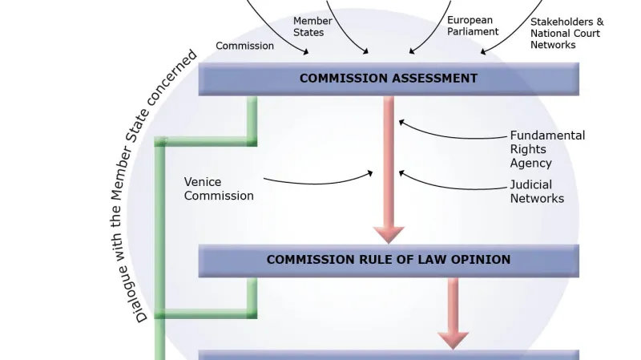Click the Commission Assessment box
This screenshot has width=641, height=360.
point(389,79)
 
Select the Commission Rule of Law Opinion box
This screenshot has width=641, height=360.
point(389,260)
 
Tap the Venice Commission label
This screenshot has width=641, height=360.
point(219,189)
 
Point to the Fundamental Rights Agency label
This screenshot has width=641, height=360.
point(547,149)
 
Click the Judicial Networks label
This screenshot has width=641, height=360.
point(537,192)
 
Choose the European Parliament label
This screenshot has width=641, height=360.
point(473,26)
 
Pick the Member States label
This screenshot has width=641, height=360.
point(309,26)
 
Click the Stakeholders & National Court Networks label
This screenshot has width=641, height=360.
point(566,34)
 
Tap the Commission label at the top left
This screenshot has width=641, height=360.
point(244,46)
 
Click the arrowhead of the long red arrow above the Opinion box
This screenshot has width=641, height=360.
point(389,234)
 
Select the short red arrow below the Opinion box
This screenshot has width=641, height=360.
point(453,313)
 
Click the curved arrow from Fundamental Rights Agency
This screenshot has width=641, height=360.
point(449,133)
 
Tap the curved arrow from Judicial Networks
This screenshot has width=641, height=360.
point(449,183)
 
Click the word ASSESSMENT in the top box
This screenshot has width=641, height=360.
point(433,79)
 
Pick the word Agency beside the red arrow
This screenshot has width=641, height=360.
point(530,163)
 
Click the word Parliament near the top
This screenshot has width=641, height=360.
point(473,32)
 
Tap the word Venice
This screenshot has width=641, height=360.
point(203,182)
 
